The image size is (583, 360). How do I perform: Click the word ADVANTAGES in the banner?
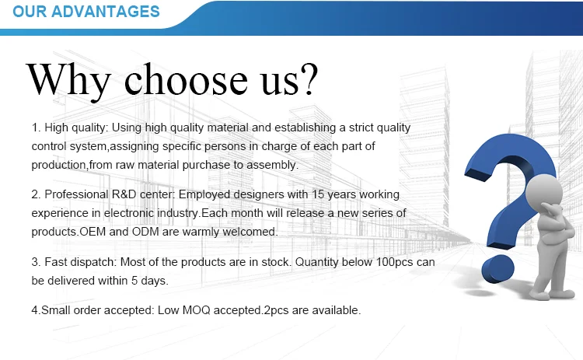tap(106, 12)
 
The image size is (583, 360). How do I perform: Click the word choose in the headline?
tap(186, 79)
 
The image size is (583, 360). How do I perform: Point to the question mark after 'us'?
tap(309, 79)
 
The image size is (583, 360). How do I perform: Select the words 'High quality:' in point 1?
tap(76, 128)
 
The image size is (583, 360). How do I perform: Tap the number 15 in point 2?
tap(318, 194)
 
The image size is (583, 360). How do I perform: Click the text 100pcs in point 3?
tap(394, 262)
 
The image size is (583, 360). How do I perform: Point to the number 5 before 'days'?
tap(134, 281)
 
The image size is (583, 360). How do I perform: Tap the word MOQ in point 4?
tap(196, 310)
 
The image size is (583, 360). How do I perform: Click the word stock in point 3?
tap(276, 262)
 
